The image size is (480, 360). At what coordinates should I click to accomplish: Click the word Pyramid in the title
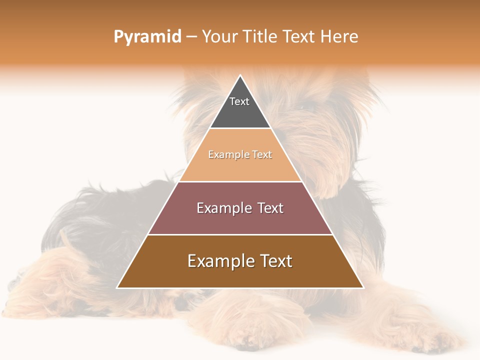click(147, 37)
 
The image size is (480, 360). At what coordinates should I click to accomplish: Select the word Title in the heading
click(262, 37)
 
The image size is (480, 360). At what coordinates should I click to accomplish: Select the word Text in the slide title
click(299, 37)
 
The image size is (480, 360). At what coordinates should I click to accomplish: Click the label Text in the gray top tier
click(239, 101)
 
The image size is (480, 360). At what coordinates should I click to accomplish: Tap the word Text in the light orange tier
click(262, 155)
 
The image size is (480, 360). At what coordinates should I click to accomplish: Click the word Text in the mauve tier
click(270, 208)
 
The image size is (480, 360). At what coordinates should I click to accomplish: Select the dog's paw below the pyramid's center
click(240, 320)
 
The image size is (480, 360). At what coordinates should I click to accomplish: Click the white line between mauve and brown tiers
click(240, 234)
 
